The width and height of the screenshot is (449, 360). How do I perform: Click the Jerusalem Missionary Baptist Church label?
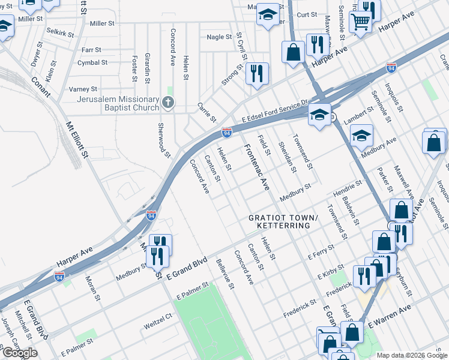click(x=112, y=103)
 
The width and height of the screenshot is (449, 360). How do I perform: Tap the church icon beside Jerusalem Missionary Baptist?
click(x=167, y=103)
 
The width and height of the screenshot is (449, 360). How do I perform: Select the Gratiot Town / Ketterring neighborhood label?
click(x=279, y=221)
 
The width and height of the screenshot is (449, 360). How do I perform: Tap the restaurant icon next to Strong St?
click(x=257, y=74)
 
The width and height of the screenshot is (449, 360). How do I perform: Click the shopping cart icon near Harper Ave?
click(x=360, y=22)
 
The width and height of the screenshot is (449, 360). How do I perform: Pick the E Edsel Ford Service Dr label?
click(x=275, y=110)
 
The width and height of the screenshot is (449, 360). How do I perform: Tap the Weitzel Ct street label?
click(x=158, y=325)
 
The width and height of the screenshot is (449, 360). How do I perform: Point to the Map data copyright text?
click(x=412, y=355)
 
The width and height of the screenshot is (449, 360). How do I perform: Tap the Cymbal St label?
click(x=92, y=62)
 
